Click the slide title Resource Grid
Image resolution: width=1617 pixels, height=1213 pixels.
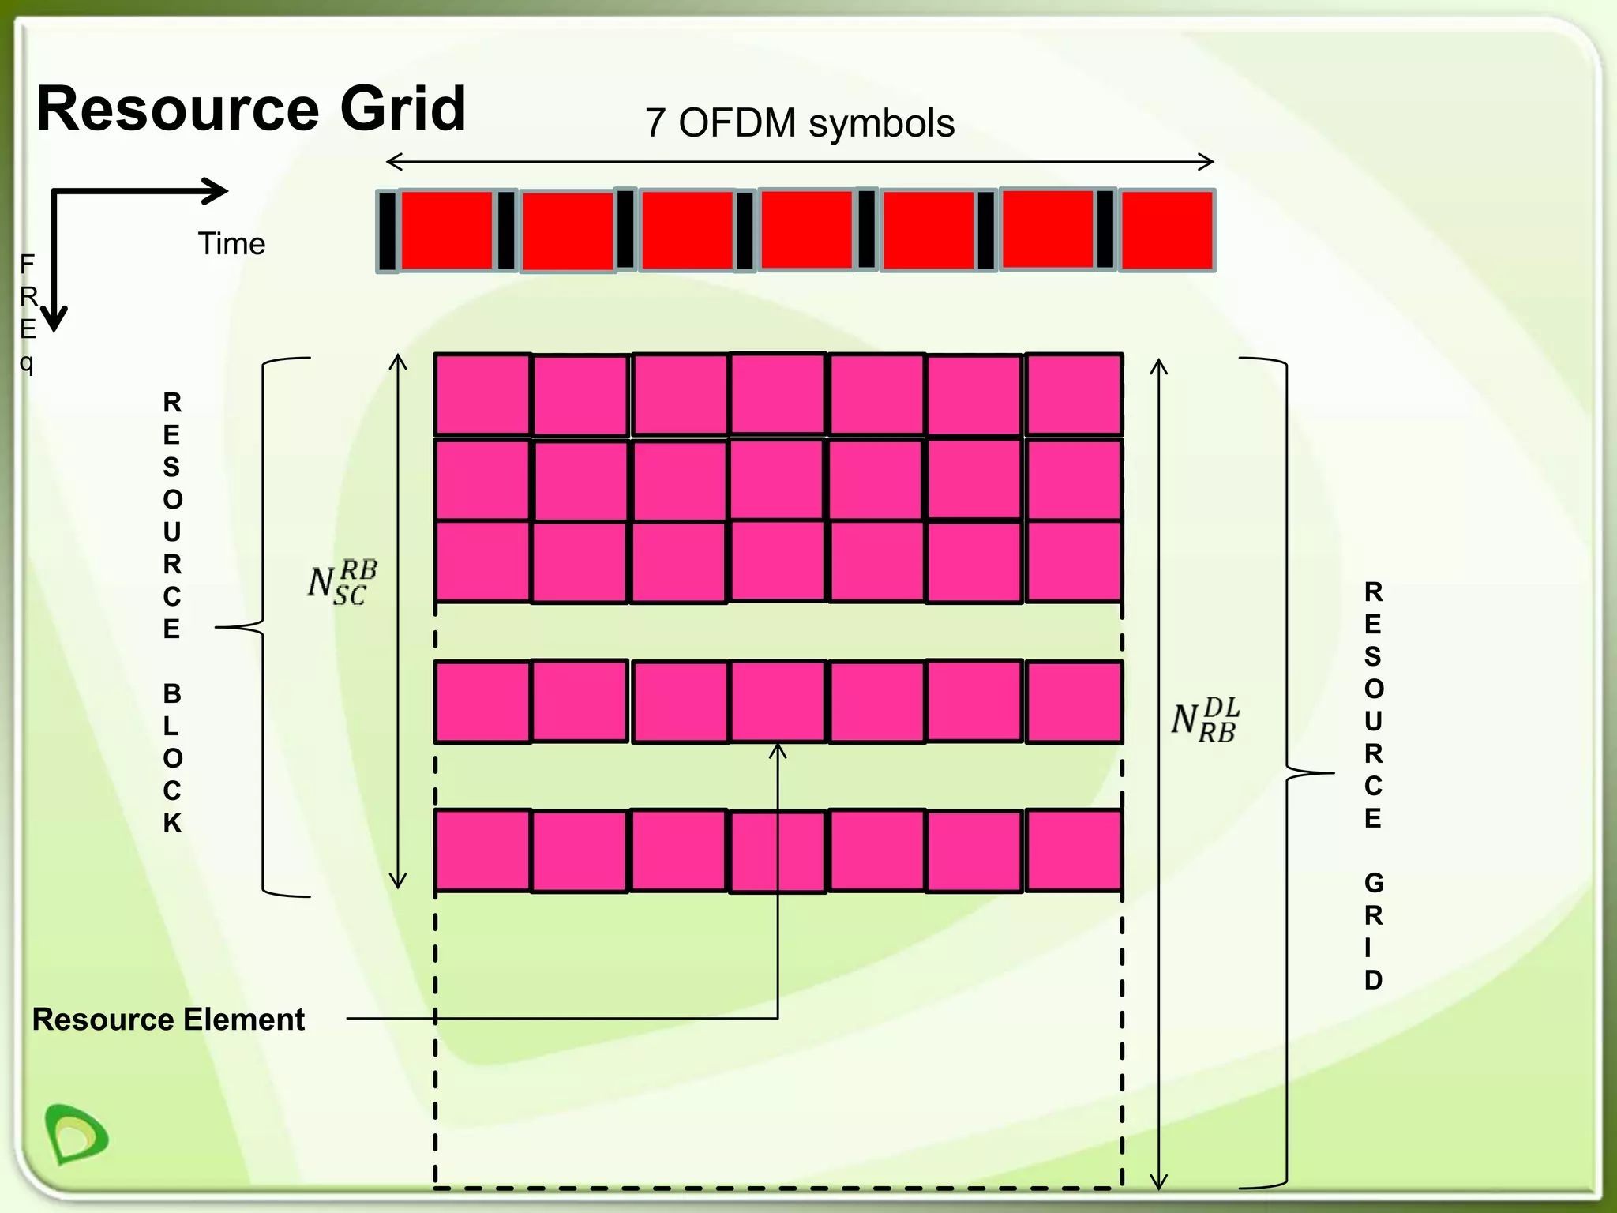click(x=251, y=109)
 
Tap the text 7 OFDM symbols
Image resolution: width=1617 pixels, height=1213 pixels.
click(x=799, y=123)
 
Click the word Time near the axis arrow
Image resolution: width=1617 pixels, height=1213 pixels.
click(x=231, y=244)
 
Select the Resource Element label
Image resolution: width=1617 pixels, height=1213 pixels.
click(x=168, y=1020)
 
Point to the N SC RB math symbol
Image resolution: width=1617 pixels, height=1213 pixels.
click(x=342, y=583)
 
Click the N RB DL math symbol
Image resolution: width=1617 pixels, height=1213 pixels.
click(x=1205, y=720)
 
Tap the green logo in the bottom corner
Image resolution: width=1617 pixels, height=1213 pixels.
click(x=76, y=1134)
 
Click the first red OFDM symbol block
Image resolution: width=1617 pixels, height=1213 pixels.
click(x=446, y=231)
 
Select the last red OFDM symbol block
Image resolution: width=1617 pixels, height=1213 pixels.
click(x=1166, y=231)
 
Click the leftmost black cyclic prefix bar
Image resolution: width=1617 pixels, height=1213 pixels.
click(x=387, y=231)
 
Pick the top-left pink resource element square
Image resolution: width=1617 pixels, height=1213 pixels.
click(x=482, y=394)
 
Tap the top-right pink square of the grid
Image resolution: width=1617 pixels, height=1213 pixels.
click(x=1073, y=394)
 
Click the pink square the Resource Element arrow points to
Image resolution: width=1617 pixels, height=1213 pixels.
click(x=778, y=701)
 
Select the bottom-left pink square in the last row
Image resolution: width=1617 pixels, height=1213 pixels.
click(x=482, y=851)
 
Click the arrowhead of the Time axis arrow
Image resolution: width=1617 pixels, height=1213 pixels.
click(x=216, y=191)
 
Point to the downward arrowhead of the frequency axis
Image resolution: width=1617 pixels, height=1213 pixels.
click(x=54, y=319)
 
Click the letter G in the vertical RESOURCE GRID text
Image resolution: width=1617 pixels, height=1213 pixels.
click(x=1373, y=883)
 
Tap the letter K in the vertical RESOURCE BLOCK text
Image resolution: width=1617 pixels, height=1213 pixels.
click(x=172, y=823)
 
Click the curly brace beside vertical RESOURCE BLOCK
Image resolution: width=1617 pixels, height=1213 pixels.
click(x=263, y=628)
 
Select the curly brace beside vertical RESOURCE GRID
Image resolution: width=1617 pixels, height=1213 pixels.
click(x=1287, y=772)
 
